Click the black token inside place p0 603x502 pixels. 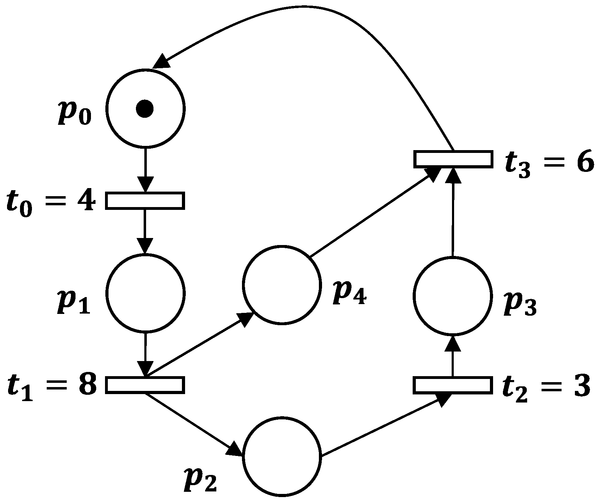click(x=145, y=109)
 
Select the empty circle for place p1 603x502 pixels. click(x=145, y=293)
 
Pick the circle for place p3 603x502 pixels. click(x=452, y=296)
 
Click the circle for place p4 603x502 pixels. click(x=282, y=284)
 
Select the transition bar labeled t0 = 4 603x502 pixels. click(x=145, y=201)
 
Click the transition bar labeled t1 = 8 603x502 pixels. click(x=145, y=385)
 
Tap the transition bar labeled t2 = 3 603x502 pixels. click(x=452, y=385)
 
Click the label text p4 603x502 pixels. click(x=349, y=294)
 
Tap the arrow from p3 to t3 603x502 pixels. click(x=452, y=214)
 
